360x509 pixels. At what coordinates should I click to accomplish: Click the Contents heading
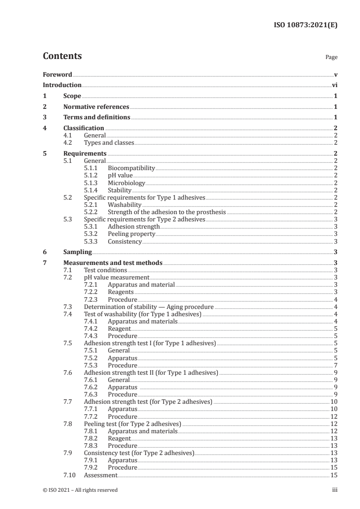point(62,56)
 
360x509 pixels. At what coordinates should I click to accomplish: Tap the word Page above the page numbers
point(331,58)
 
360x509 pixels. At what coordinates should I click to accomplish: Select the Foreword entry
point(57,74)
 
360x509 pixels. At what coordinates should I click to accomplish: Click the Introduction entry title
point(62,85)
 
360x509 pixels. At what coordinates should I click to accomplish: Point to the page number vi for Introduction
point(334,85)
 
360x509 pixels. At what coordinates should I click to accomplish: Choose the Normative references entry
point(96,107)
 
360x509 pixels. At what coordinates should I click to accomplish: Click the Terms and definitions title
point(97,117)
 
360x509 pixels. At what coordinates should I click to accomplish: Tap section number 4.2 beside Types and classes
point(68,142)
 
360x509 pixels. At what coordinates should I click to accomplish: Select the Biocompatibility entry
point(131,168)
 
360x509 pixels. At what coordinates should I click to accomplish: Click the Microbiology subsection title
point(126,183)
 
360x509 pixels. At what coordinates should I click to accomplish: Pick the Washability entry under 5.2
point(124,205)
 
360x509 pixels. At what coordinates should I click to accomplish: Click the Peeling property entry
point(131,234)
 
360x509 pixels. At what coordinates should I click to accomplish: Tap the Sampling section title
point(78,252)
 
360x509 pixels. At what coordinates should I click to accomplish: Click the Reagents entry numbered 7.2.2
point(120,292)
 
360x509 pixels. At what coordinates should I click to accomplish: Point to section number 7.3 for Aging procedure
point(68,307)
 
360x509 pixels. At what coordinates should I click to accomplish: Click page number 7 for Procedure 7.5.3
point(335,365)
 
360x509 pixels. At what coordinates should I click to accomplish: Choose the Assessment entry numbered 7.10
point(101,475)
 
